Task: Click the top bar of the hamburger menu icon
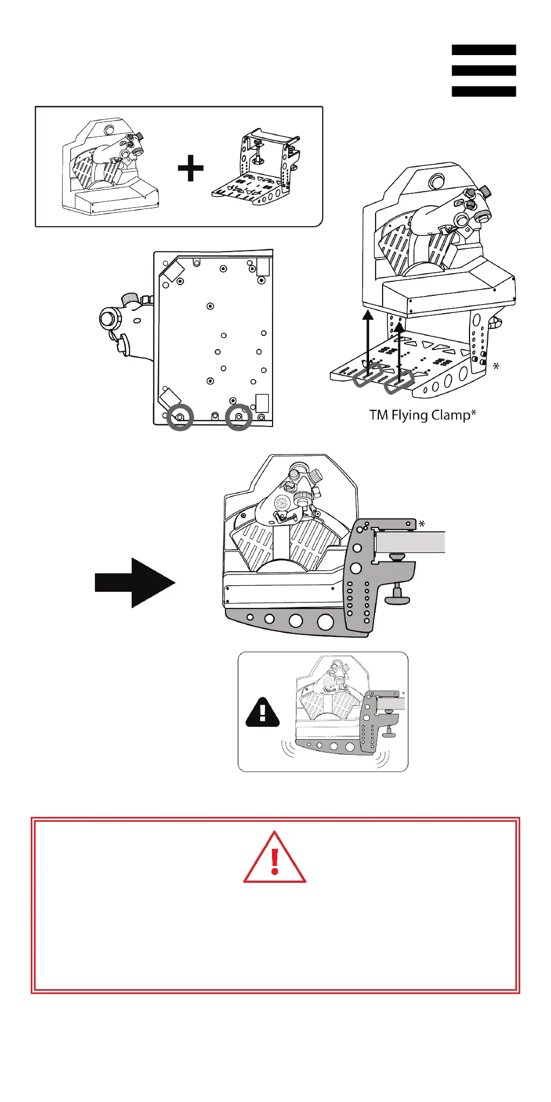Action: pos(484,50)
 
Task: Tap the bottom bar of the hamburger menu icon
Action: pos(484,91)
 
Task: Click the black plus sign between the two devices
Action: pos(191,168)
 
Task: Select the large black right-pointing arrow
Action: pos(135,583)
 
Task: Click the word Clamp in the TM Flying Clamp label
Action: pos(453,415)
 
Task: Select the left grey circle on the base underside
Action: pos(180,417)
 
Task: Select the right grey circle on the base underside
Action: pos(239,417)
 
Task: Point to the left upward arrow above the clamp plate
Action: pos(368,340)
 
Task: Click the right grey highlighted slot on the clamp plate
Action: pos(399,382)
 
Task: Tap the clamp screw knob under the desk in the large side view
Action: pos(398,597)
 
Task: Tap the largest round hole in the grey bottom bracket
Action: pos(325,622)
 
